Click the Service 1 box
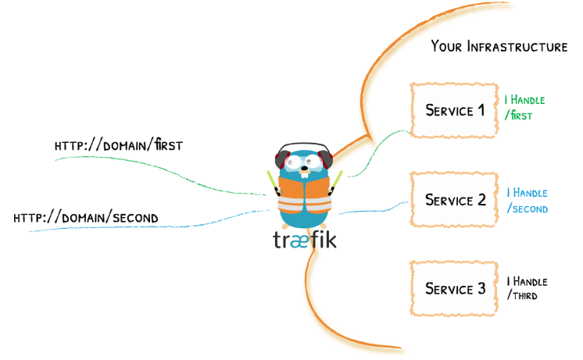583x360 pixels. click(x=454, y=110)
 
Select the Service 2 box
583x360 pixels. click(x=454, y=199)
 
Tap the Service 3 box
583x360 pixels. click(x=454, y=289)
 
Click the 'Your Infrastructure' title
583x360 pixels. click(x=499, y=46)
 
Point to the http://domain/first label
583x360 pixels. click(x=119, y=144)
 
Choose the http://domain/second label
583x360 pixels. click(x=86, y=217)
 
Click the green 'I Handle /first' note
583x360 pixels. click(x=524, y=107)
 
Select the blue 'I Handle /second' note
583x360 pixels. click(x=528, y=201)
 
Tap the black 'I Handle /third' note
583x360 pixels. click(x=527, y=288)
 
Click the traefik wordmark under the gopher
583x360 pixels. click(x=305, y=240)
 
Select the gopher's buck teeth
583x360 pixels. click(x=305, y=176)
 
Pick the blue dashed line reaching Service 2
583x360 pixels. click(x=374, y=210)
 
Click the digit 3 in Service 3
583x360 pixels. click(x=481, y=288)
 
